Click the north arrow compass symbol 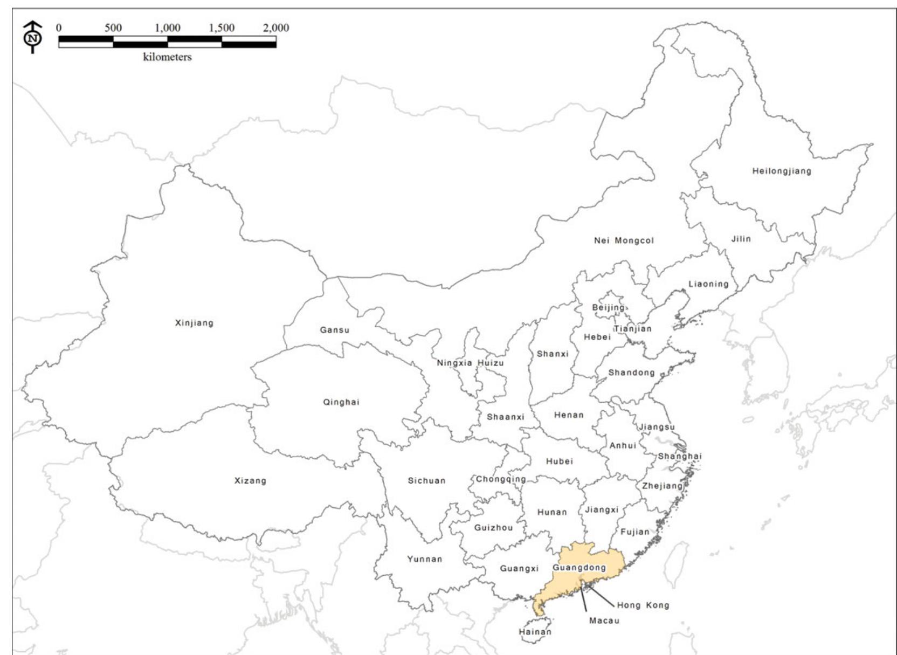point(33,37)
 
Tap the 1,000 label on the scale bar point(168,27)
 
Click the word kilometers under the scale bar point(167,57)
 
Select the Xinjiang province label point(194,323)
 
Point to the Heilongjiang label point(782,171)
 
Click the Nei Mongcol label point(624,240)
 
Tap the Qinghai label point(341,402)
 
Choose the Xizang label point(250,480)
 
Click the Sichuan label point(426,480)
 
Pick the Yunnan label point(425,559)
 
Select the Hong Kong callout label point(643,605)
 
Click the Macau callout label point(604,620)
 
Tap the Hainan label point(535,632)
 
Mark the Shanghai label point(679,456)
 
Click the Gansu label point(334,330)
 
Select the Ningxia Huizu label point(470,363)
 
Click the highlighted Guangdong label point(579,568)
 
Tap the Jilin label point(741,239)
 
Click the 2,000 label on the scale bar point(276,27)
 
